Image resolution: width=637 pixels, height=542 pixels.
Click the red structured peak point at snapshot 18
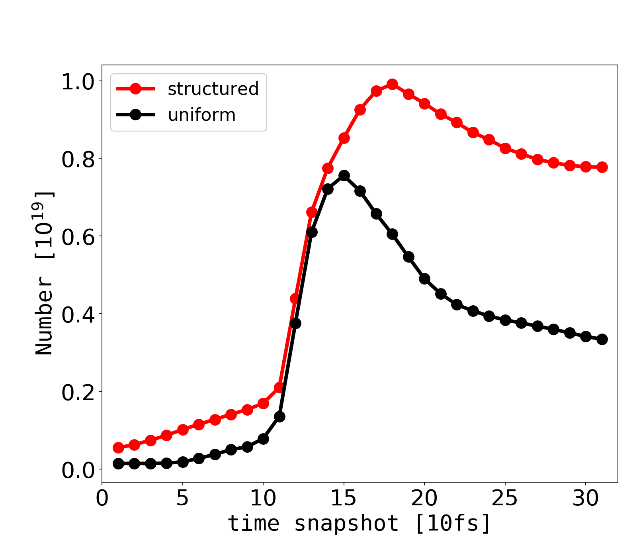tap(392, 84)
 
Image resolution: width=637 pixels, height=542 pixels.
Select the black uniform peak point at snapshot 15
tap(344, 176)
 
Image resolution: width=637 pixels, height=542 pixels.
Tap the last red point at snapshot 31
tap(602, 167)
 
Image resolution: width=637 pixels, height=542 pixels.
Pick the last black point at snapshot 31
tap(602, 339)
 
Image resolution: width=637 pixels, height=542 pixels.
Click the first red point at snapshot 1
tap(118, 448)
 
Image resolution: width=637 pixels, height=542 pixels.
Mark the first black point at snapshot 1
tap(118, 463)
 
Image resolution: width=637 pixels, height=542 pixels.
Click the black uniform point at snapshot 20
tap(424, 279)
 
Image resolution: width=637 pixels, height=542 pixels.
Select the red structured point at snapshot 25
tap(505, 149)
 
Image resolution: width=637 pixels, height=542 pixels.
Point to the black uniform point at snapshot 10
tap(263, 439)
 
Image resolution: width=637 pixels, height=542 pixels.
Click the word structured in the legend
tap(213, 89)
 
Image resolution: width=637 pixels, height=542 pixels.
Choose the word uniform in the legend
tap(201, 115)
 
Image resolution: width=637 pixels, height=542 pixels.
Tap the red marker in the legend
tap(135, 89)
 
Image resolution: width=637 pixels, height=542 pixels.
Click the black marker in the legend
tap(135, 115)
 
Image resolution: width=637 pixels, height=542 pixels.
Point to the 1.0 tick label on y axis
tap(78, 82)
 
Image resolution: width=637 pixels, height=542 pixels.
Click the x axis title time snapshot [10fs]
tap(359, 524)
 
